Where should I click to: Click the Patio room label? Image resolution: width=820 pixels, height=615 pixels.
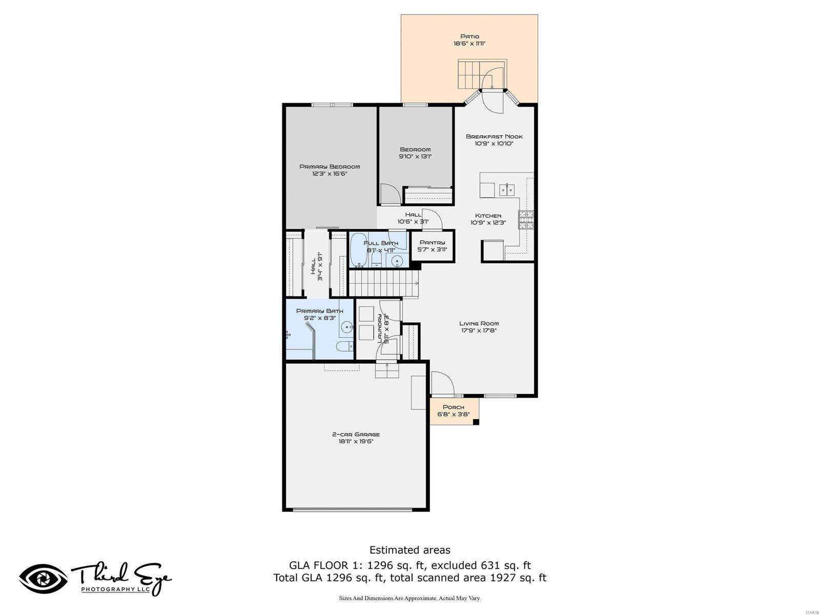coord(469,36)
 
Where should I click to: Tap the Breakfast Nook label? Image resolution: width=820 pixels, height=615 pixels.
coord(494,136)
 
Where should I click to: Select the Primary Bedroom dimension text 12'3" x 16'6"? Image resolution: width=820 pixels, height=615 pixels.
coord(330,174)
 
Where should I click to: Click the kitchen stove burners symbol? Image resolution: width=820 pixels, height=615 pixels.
coord(526,220)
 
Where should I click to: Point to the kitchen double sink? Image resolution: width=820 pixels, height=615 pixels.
coord(507,190)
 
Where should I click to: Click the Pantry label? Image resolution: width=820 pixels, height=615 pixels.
coord(432,242)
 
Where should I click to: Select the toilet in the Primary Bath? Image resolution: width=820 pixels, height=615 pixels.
coord(346,346)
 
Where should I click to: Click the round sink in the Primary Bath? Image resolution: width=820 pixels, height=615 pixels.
coord(348,326)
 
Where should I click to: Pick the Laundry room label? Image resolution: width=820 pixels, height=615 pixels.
coord(380,329)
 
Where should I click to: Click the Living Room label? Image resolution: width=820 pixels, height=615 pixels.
coord(479,323)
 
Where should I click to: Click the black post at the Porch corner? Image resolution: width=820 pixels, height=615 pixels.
coord(476,422)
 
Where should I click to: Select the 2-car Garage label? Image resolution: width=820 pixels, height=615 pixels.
coord(356,434)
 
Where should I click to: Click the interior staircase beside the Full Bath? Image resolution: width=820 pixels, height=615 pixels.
coord(383,283)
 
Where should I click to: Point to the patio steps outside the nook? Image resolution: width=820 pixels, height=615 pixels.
coord(470,74)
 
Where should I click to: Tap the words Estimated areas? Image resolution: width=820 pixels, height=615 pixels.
coord(410,550)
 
